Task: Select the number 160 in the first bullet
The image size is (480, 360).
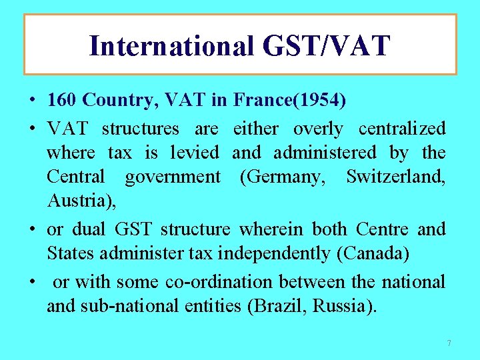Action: point(62,101)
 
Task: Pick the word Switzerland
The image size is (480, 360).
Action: point(395,177)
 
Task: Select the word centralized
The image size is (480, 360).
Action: point(402,128)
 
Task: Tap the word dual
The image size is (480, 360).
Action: point(91,229)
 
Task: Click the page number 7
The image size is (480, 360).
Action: point(449,343)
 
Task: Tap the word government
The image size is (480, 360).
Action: point(172,177)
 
